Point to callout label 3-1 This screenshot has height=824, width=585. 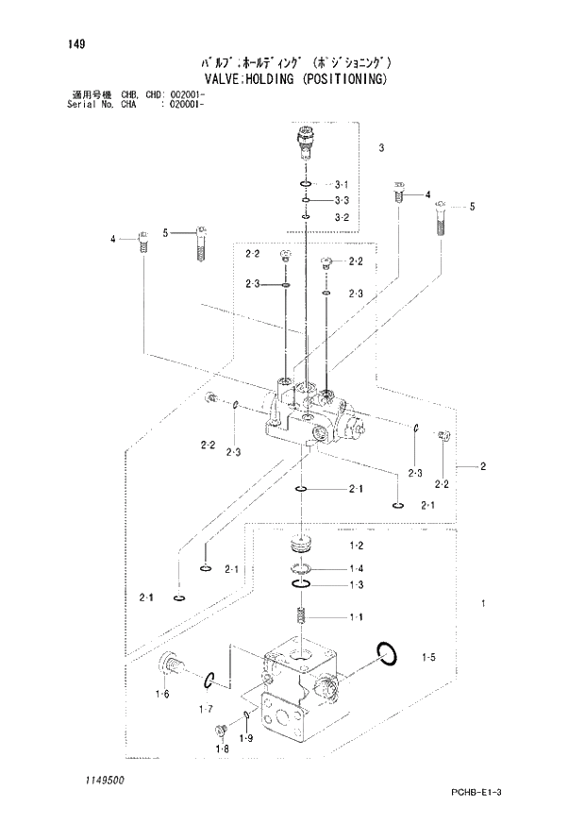click(x=342, y=184)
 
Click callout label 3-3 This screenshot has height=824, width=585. click(x=342, y=200)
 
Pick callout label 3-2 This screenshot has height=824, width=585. click(x=342, y=218)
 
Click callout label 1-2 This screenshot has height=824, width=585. click(x=357, y=547)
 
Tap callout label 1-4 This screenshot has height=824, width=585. click(x=357, y=568)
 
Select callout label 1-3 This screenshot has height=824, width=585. click(x=357, y=586)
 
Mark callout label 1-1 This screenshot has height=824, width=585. click(x=357, y=617)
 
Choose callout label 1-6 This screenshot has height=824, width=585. click(x=162, y=695)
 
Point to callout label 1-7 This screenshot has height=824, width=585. click(x=205, y=708)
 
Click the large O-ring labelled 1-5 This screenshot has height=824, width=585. click(x=385, y=651)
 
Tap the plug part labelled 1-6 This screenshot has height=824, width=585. click(x=171, y=665)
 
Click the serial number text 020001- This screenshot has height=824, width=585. click(x=186, y=105)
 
